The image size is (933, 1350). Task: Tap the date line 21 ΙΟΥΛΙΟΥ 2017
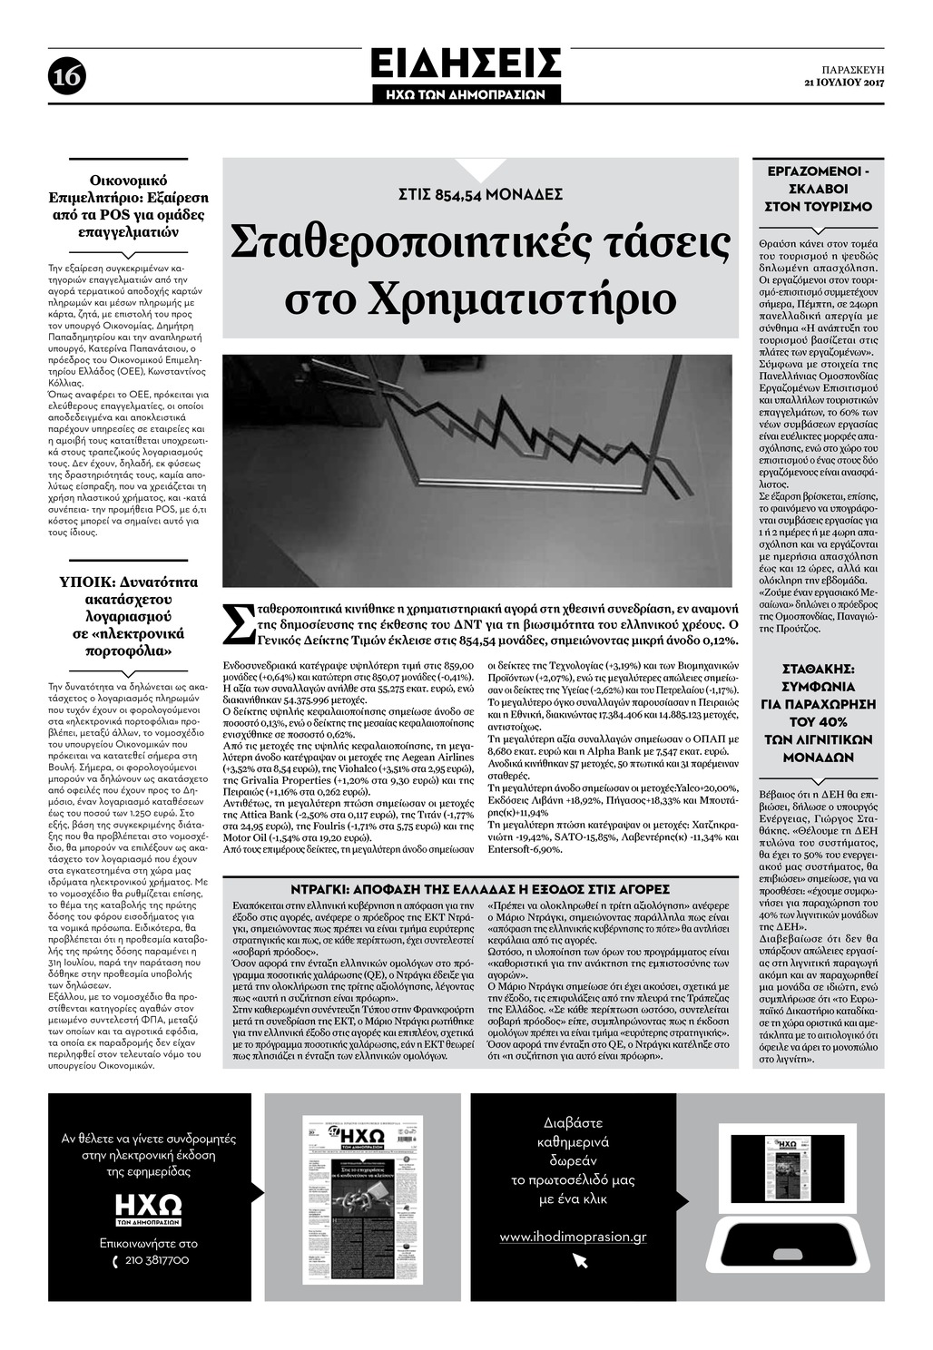844,83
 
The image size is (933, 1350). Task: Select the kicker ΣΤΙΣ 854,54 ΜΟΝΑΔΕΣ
480,194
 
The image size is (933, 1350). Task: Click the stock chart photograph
477,471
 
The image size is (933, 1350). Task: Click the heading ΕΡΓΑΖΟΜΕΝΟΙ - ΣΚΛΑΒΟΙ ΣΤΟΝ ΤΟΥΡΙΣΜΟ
819,189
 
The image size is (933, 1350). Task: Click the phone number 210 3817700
156,1260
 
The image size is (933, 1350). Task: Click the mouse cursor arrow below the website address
580,1261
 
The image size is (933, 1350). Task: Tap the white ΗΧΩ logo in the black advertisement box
148,1207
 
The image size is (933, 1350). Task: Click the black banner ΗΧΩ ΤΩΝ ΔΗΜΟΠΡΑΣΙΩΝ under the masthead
466,94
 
